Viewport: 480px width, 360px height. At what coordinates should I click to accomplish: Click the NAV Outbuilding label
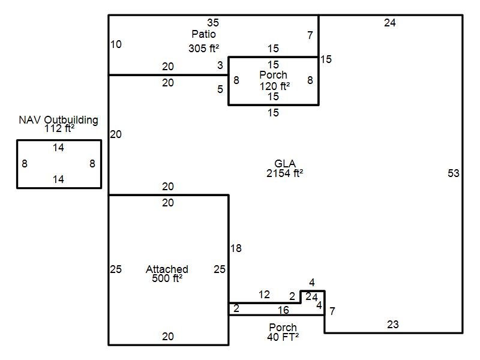coord(58,119)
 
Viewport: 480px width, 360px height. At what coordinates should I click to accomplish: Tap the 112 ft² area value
coord(58,128)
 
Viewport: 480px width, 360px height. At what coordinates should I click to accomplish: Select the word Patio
coord(204,34)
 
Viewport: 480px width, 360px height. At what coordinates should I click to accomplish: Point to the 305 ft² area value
coord(205,49)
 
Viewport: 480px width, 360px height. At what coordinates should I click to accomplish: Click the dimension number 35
coord(213,23)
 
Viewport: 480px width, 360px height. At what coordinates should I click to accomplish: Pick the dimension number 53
coord(454,173)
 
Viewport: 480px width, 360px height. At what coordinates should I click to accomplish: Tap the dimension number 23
coord(392,325)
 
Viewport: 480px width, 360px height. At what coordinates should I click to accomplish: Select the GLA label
coord(285,164)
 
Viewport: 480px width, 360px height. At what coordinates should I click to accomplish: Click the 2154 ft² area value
coord(285,173)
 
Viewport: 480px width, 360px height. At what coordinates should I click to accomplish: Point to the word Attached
coord(167,269)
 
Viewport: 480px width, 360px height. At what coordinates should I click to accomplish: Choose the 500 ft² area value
coord(167,278)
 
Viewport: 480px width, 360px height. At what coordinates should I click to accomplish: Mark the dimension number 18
coord(236,248)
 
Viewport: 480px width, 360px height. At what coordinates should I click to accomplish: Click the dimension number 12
coord(264,295)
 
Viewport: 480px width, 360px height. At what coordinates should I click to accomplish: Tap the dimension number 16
coord(283,310)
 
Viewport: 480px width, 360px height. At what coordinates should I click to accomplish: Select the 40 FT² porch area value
coord(283,337)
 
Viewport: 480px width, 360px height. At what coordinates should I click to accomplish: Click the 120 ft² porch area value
coord(274,86)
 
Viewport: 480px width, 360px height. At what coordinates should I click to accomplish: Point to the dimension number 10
coord(116,44)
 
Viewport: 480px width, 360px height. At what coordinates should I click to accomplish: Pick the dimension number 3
coord(220,65)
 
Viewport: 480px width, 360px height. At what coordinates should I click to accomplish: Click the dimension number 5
coord(220,89)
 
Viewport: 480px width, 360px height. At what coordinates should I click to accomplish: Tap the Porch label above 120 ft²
coord(273,75)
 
